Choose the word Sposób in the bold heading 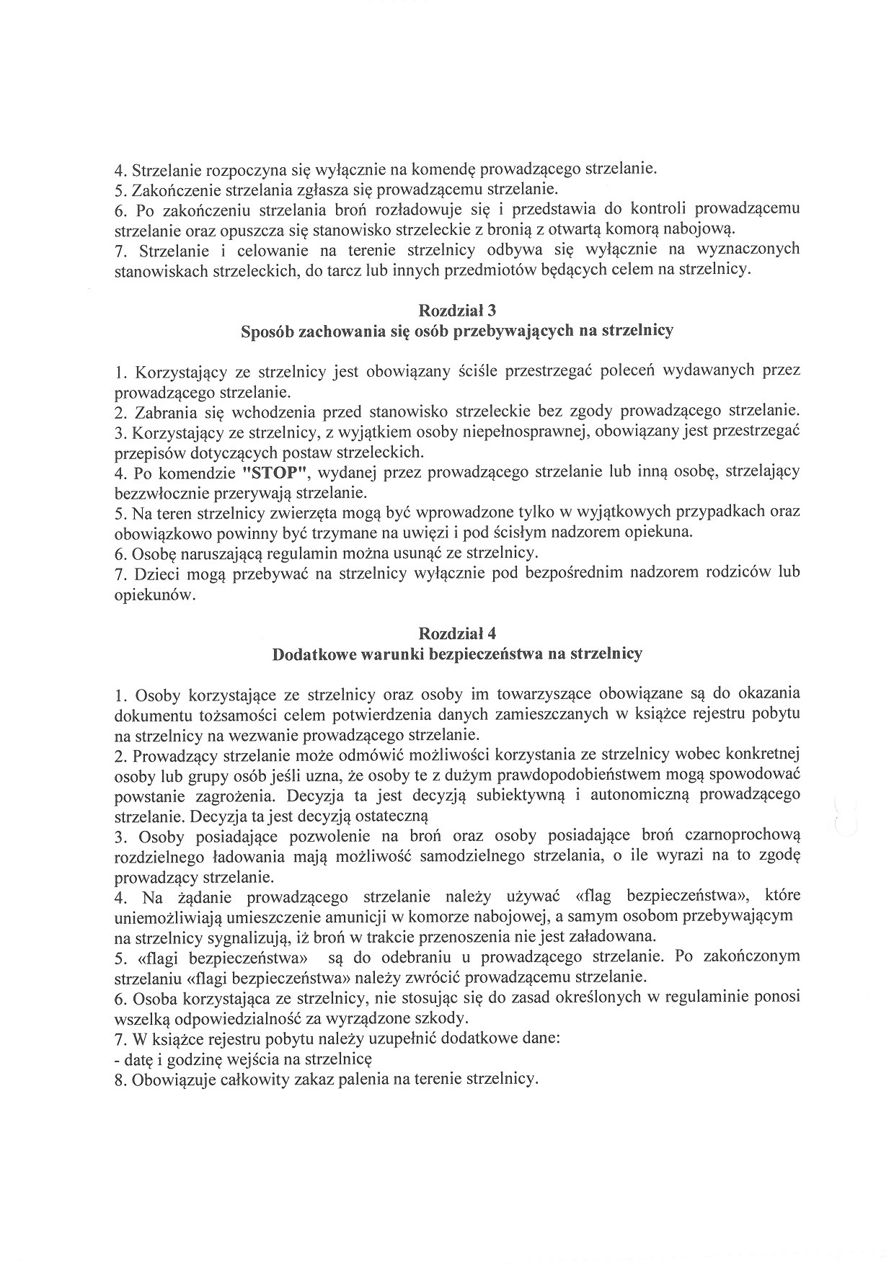[267, 331]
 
